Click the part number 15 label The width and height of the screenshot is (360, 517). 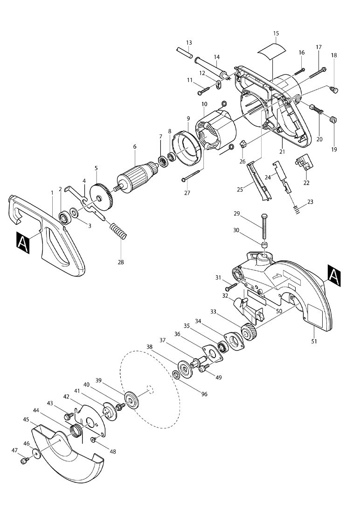coord(276,34)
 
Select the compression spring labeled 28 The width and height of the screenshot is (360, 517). coord(118,231)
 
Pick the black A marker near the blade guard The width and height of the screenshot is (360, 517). coord(334,275)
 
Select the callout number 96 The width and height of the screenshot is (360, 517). coord(204,394)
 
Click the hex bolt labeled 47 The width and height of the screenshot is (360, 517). coord(24,461)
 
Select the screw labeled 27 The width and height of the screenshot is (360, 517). coord(191,176)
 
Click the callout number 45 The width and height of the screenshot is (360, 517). coord(27,420)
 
